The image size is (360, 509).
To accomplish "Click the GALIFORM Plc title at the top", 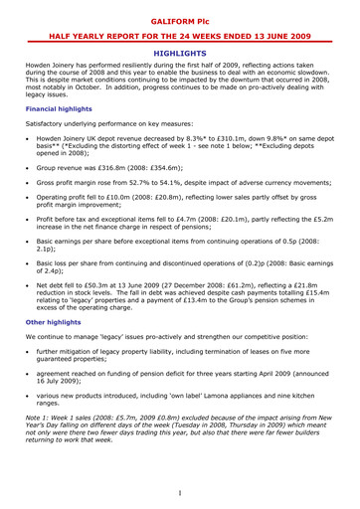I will coord(180,18).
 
